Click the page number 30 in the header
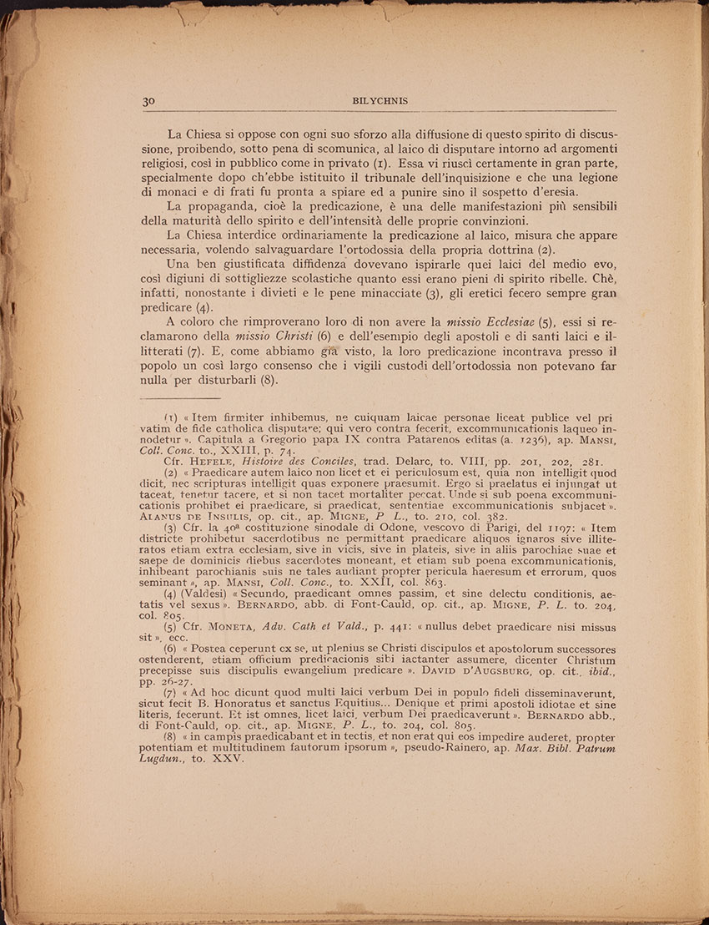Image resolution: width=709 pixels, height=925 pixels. [149, 100]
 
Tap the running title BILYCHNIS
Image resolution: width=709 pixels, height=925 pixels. [377, 100]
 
